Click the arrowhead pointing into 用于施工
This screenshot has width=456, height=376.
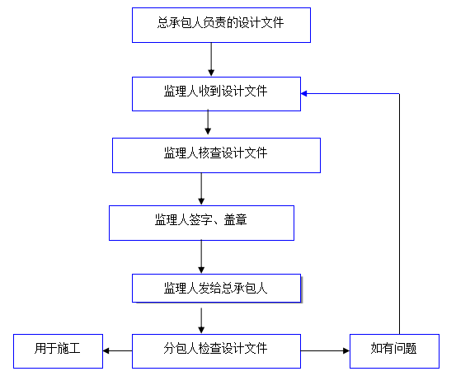click(x=106, y=351)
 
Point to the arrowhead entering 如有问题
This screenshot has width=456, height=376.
click(x=346, y=351)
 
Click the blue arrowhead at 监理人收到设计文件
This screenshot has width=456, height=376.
click(x=304, y=94)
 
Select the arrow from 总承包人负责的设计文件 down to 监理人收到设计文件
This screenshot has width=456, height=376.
click(x=211, y=59)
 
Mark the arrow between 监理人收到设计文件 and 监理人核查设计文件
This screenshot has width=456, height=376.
click(x=208, y=122)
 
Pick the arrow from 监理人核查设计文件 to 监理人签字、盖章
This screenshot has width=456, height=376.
click(x=201, y=189)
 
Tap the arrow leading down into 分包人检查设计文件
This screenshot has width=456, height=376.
click(x=201, y=321)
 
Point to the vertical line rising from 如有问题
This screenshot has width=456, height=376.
click(x=399, y=214)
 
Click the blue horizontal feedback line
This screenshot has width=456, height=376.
click(x=350, y=94)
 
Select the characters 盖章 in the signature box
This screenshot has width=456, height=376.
click(x=236, y=219)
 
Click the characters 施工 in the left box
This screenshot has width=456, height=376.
click(x=69, y=348)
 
